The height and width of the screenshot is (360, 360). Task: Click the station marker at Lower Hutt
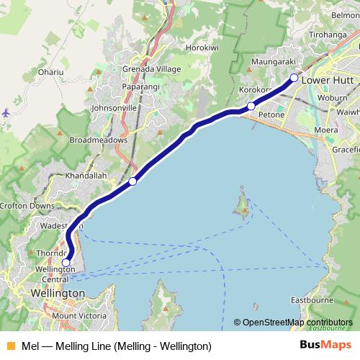(x=294, y=77)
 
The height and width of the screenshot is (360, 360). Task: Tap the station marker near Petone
(x=251, y=107)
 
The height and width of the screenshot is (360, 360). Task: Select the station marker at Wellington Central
(x=66, y=263)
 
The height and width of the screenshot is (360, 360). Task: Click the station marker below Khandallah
(x=132, y=181)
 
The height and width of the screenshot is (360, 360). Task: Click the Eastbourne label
(x=310, y=299)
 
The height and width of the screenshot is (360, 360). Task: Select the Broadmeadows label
(x=99, y=140)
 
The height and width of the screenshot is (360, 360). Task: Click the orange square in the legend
(x=9, y=346)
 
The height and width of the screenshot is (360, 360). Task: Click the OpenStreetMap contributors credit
(x=297, y=323)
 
